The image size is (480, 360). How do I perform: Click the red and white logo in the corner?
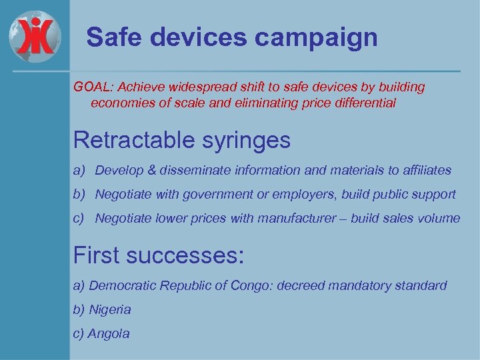pos(35,35)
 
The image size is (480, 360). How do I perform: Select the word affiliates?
pos(427,171)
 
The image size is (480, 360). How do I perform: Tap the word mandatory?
pos(356,285)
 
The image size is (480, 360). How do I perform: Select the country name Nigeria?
pos(110,309)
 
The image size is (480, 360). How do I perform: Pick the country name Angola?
pos(109,333)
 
